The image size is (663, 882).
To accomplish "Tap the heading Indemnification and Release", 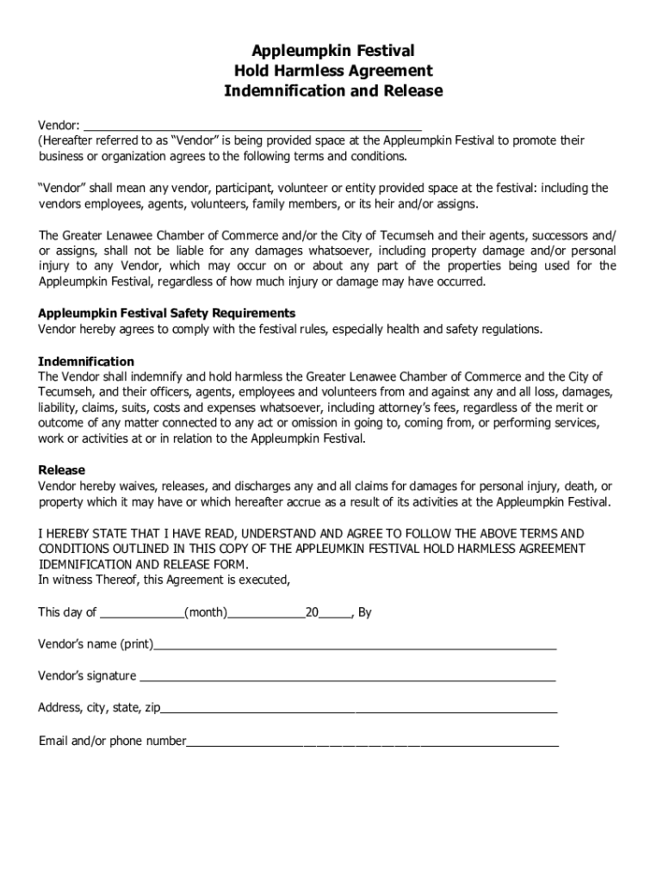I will [333, 90].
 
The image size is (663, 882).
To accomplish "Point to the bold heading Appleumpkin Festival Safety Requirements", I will [167, 313].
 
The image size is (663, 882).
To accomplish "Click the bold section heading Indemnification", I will [86, 361].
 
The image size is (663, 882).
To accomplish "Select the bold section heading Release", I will [62, 469].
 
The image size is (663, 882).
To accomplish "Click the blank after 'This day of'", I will [142, 613].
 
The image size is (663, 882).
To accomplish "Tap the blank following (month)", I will [266, 613].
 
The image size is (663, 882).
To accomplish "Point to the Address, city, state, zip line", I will [359, 709].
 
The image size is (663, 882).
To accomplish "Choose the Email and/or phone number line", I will [372, 741].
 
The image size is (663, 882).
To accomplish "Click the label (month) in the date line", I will [206, 613].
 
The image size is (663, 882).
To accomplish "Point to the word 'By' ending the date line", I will [364, 613].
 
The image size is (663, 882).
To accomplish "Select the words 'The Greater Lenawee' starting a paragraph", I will [95, 235].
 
